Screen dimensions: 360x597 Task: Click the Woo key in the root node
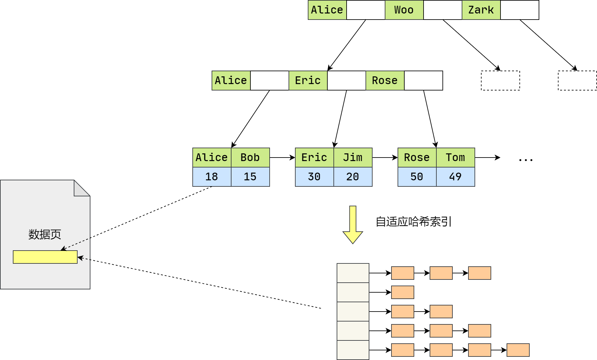click(x=404, y=10)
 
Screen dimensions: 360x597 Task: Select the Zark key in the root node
click(x=481, y=10)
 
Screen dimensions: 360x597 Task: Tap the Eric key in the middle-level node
click(x=308, y=81)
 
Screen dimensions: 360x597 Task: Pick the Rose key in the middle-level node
click(x=385, y=81)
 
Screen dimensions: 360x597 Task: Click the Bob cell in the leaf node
click(x=250, y=158)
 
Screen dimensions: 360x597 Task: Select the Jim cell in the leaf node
click(x=353, y=158)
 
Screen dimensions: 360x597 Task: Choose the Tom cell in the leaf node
click(x=455, y=158)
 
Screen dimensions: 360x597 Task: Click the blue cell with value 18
click(x=212, y=177)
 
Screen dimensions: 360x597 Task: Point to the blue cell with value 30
click(x=314, y=177)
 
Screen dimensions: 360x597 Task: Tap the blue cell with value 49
click(x=455, y=177)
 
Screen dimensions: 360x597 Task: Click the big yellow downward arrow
click(x=353, y=225)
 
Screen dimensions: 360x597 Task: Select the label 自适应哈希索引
click(x=414, y=222)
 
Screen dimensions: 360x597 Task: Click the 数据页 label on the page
click(x=45, y=235)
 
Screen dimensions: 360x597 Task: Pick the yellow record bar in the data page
click(x=45, y=257)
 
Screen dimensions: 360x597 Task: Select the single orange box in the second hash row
click(x=402, y=292)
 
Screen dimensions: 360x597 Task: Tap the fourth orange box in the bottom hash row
click(x=518, y=350)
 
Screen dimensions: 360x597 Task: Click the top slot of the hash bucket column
click(x=353, y=273)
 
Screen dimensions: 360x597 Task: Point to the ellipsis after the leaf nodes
click(x=526, y=159)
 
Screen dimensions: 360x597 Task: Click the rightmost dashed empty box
click(x=577, y=81)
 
